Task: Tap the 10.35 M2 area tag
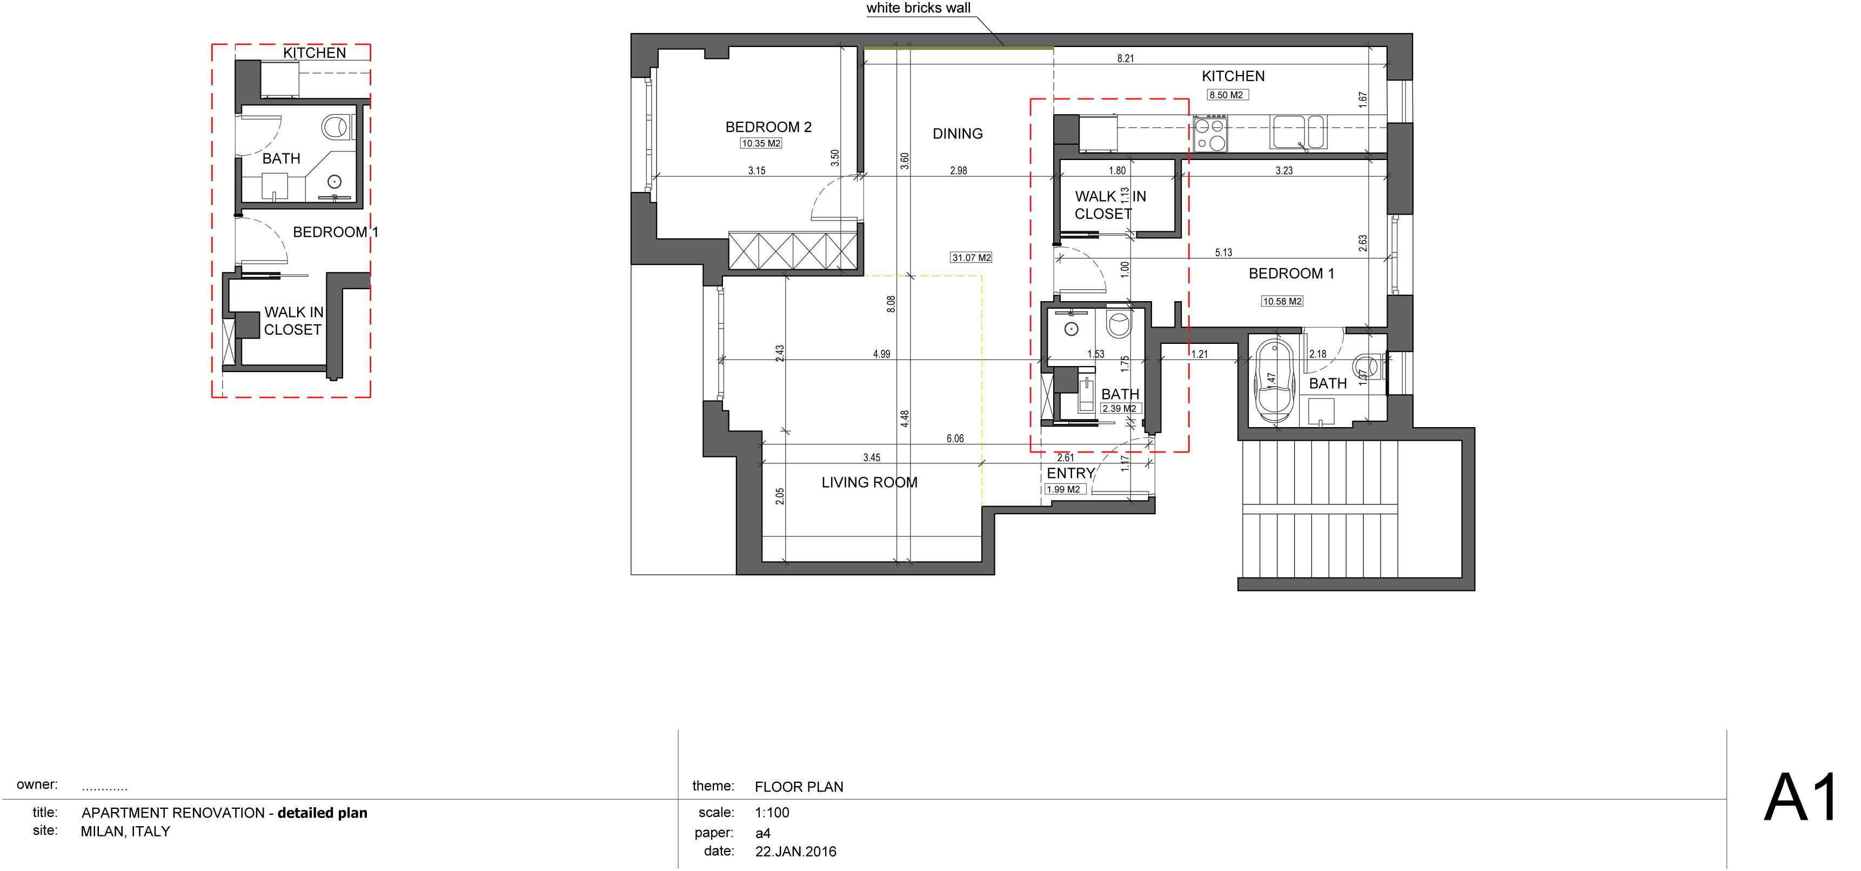(761, 143)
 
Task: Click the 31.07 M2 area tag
(971, 257)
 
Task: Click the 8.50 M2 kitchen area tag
(1227, 95)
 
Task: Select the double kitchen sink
(1298, 132)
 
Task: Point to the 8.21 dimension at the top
(1126, 58)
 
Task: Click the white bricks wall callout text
(918, 8)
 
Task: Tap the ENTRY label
(1070, 474)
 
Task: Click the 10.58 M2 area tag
(1282, 301)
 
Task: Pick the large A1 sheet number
(1800, 799)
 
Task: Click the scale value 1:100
(772, 813)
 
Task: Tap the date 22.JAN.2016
(795, 852)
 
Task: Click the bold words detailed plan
(322, 813)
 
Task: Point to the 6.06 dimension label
(955, 439)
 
